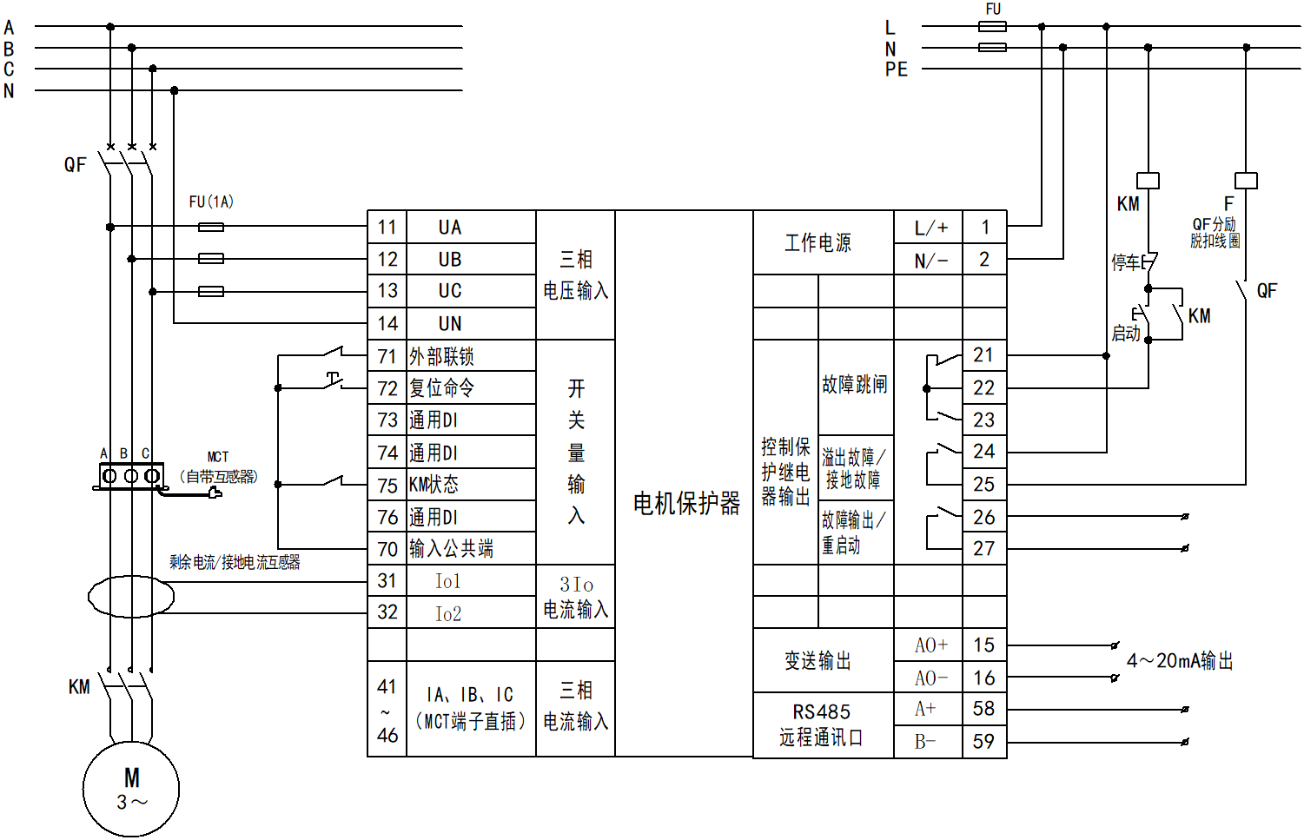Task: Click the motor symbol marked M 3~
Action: coord(131,789)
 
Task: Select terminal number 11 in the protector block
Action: coord(387,228)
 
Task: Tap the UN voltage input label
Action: coord(450,324)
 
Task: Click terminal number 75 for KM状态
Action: coord(387,486)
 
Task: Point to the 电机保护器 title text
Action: coord(686,503)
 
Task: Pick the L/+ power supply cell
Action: coord(930,228)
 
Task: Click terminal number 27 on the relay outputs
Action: coord(983,549)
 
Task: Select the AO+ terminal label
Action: coord(930,645)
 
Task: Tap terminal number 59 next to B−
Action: coord(983,742)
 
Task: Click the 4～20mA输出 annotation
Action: coord(1180,661)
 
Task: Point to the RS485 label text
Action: coord(821,711)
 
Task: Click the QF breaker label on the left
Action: coord(76,165)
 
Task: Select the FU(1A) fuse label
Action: coord(211,202)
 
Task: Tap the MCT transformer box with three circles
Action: coord(131,476)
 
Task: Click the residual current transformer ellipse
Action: coord(131,597)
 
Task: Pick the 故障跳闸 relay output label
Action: coord(855,385)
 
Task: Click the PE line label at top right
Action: coord(896,69)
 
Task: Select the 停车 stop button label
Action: coord(1126,261)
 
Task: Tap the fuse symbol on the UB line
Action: coord(211,259)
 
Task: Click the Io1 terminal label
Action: coord(448,581)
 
